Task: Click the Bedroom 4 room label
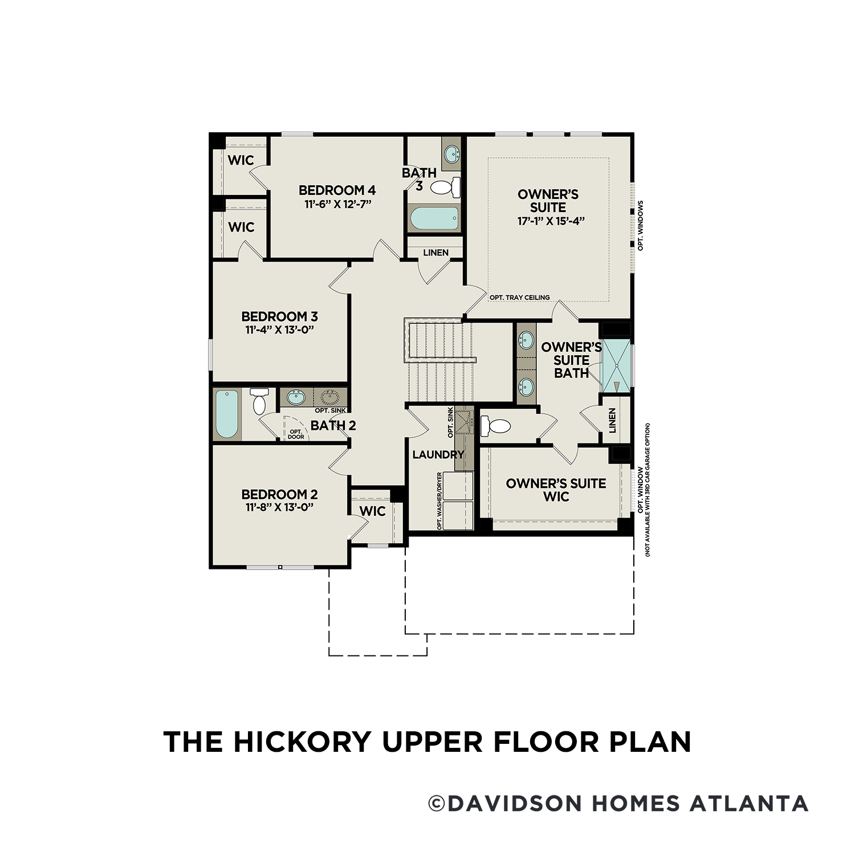tap(337, 190)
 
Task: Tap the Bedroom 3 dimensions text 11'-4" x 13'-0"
tap(279, 330)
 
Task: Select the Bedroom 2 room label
tap(279, 494)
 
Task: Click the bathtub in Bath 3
tap(434, 218)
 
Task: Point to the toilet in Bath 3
tap(445, 186)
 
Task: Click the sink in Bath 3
tap(451, 152)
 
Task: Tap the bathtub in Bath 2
tap(227, 414)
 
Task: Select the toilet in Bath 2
tap(259, 401)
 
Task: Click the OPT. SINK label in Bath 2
tap(331, 410)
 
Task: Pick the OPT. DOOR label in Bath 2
tap(296, 434)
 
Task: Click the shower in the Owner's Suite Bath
tap(617, 365)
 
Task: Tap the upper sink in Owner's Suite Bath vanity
tap(526, 340)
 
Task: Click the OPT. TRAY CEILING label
tap(519, 298)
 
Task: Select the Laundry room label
tap(438, 454)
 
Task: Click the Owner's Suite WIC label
tap(556, 490)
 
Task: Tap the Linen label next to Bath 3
tap(435, 253)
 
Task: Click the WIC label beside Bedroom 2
tap(372, 511)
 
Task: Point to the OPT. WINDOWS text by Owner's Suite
tap(641, 225)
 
